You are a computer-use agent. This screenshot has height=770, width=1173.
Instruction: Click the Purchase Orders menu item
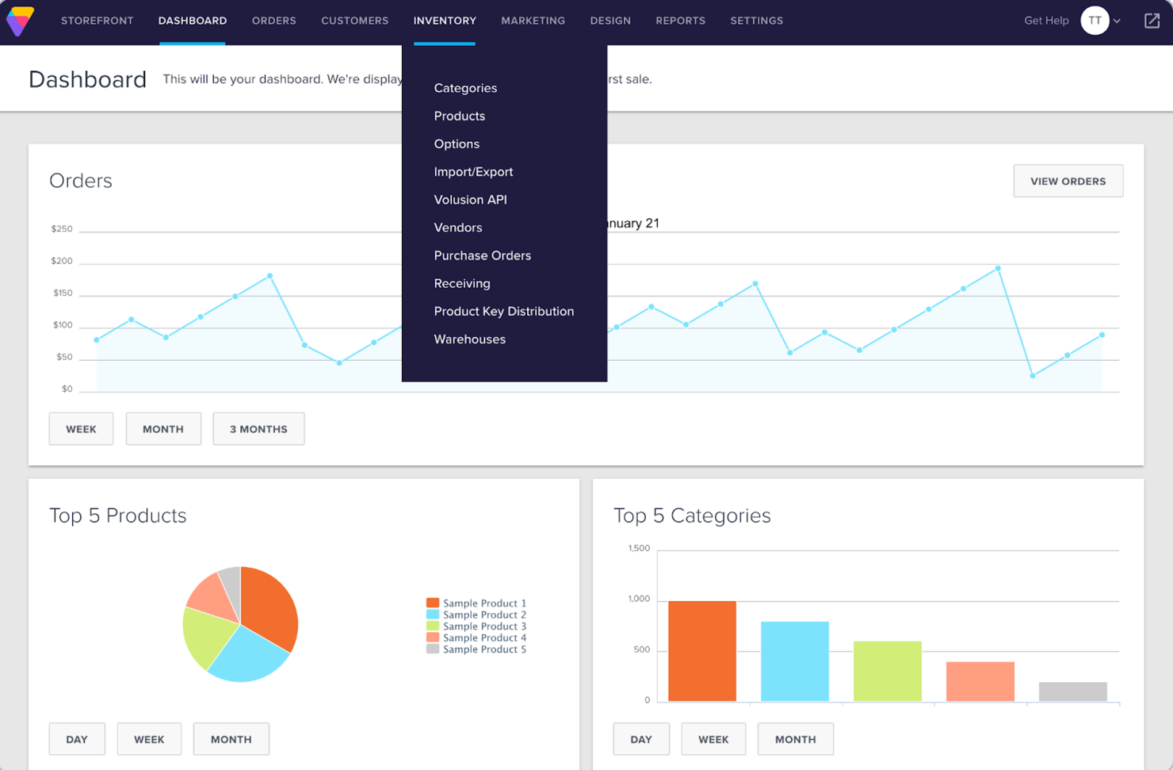[482, 255]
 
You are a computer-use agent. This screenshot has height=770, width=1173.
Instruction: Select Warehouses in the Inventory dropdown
[469, 339]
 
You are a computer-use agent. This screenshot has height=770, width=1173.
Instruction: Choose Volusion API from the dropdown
[470, 200]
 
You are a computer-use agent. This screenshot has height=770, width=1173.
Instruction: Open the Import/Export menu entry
[473, 172]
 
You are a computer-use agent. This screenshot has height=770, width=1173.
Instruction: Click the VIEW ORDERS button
[1068, 181]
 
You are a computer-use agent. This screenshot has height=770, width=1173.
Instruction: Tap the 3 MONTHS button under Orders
[258, 429]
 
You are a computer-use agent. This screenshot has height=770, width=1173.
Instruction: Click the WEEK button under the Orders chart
[81, 429]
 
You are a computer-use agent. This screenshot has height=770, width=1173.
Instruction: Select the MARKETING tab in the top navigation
[533, 21]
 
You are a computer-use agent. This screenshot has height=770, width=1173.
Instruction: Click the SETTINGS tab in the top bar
[756, 21]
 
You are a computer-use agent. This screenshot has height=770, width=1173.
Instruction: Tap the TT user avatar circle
[1095, 21]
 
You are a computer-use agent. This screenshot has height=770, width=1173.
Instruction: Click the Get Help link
[1045, 21]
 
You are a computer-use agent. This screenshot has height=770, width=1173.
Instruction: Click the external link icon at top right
[1152, 21]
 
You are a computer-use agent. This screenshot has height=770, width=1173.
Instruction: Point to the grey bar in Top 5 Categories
[1072, 691]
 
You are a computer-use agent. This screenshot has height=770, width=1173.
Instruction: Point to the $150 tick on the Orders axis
[63, 293]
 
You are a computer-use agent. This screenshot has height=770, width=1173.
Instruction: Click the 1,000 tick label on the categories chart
[639, 599]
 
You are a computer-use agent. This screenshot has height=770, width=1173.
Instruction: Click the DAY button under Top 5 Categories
[640, 739]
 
